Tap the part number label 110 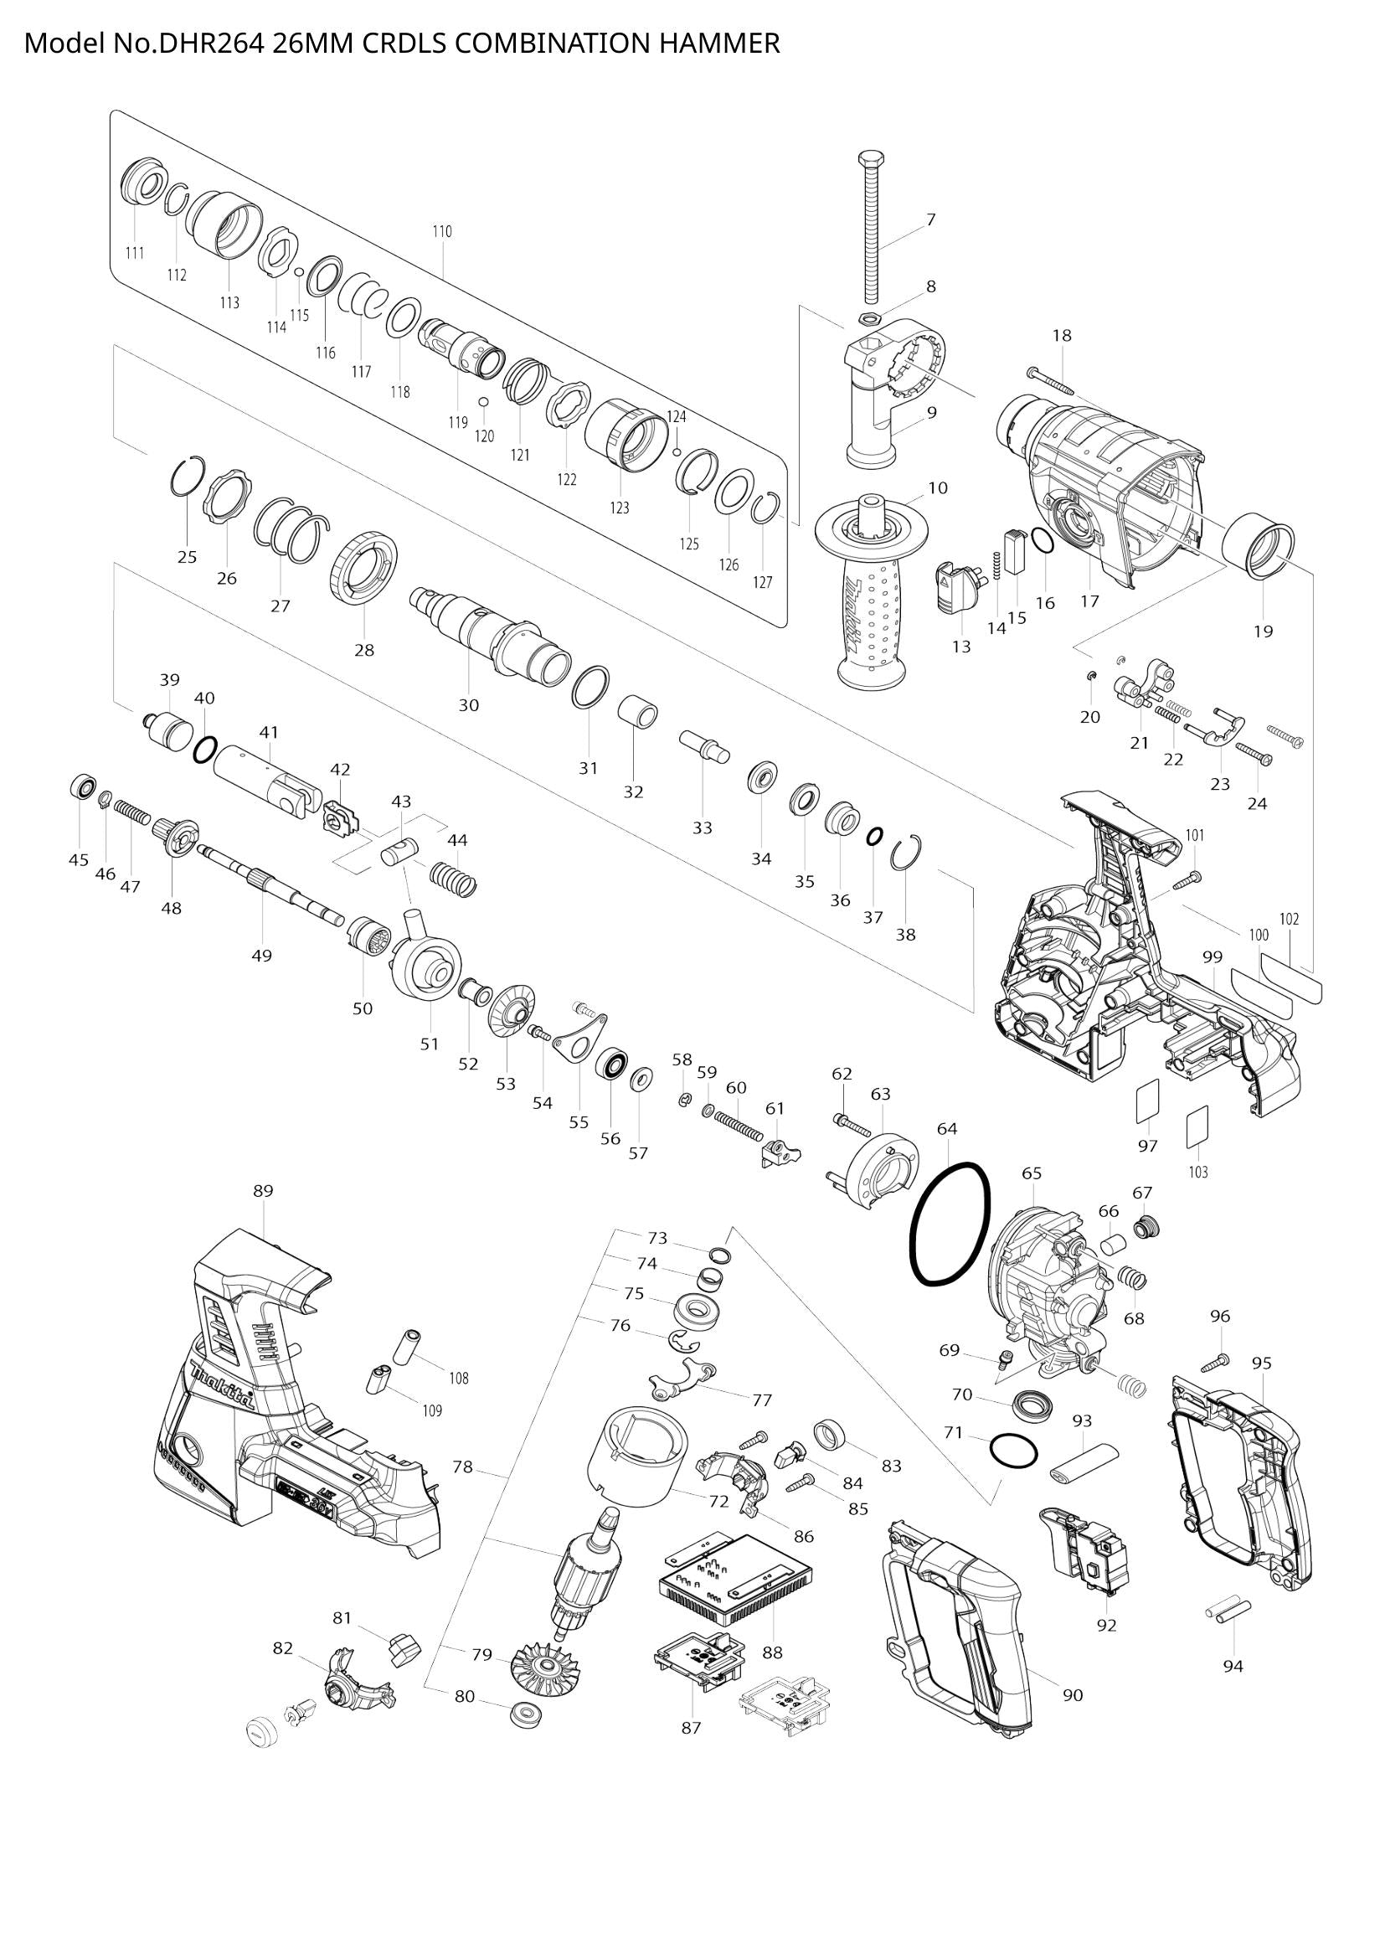click(x=442, y=231)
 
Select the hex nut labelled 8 click(x=868, y=320)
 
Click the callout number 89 click(x=263, y=1190)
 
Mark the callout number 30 click(x=469, y=705)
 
